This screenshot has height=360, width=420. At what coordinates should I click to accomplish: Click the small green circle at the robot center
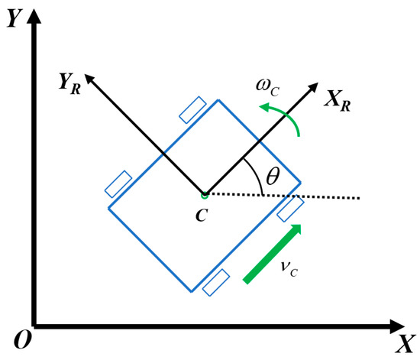204,193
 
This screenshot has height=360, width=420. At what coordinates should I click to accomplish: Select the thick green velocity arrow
273,253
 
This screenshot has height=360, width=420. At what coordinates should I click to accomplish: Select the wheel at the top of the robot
192,109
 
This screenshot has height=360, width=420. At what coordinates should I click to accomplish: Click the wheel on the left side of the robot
118,183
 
